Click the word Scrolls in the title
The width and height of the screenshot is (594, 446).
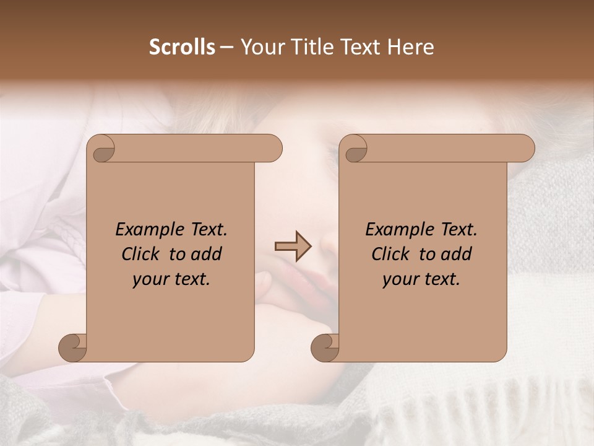(183, 47)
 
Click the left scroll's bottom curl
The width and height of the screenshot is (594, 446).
(72, 348)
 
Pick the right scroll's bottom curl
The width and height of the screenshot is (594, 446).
(325, 348)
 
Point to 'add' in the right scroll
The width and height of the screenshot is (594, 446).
(457, 255)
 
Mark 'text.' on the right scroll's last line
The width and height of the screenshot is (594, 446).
(442, 279)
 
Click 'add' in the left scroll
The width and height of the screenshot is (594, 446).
(207, 255)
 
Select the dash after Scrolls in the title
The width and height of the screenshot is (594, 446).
(226, 47)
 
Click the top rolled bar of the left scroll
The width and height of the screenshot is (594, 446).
(192, 149)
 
